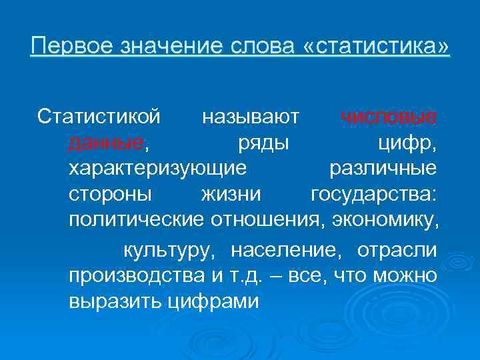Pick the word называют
point(250,117)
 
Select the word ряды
point(263,143)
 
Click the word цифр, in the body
point(407,143)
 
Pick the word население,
point(288,251)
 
